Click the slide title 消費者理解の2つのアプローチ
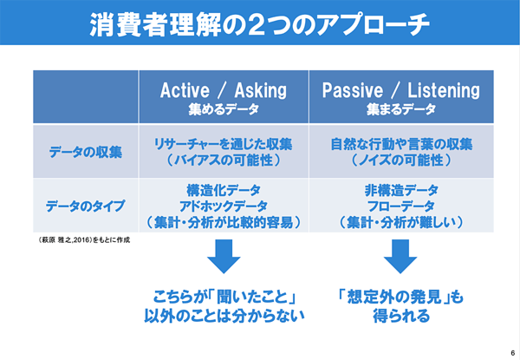pos(260,24)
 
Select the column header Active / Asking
pos(224,90)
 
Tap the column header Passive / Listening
pos(401,90)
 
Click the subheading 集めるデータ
pos(224,109)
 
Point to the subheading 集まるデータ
pos(401,109)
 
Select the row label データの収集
pos(86,153)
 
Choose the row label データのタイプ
pos(86,206)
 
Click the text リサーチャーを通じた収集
pos(224,144)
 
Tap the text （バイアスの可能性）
pos(224,160)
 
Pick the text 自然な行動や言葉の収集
pos(401,144)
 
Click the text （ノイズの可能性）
pos(401,160)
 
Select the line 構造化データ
pos(224,191)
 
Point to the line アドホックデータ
pos(224,206)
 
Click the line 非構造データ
pos(401,191)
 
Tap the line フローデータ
pos(401,206)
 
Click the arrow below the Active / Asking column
pos(224,256)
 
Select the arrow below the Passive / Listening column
pos(400,256)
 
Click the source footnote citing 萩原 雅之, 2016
pos(84,240)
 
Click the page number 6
pos(513,353)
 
